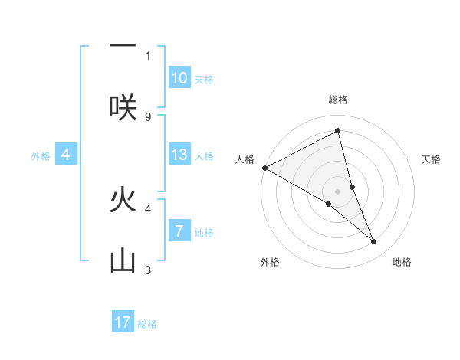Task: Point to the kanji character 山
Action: coord(123,260)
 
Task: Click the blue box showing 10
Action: coord(179,78)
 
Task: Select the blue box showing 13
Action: coord(179,155)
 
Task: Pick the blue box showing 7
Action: coord(179,231)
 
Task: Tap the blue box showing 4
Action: coord(66,155)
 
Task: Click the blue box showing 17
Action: coord(123,322)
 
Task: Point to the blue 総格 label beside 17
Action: coord(147,324)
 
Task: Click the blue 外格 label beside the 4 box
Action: coord(41,156)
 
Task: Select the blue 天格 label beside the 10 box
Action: coord(204,80)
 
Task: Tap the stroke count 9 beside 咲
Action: coord(148,116)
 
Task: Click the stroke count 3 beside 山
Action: coord(148,270)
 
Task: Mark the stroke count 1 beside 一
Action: coord(148,55)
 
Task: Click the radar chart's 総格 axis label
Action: coord(338,100)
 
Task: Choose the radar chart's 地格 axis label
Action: coord(402,263)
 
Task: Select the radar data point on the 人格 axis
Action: coord(264,168)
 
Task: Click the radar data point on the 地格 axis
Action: coord(374,242)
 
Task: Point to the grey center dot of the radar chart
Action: coord(338,191)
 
